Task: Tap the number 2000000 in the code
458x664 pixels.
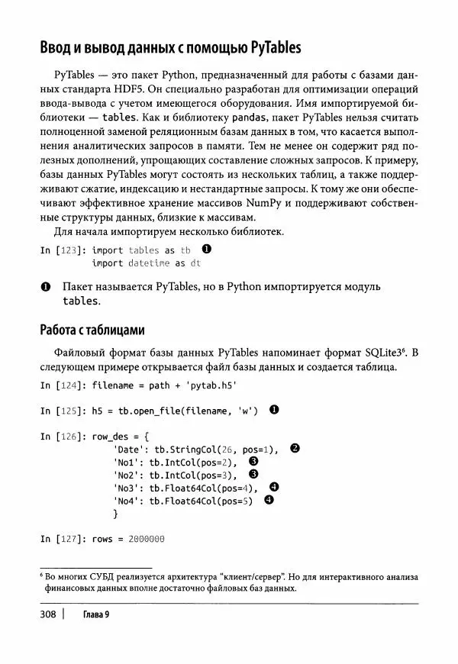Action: (147, 539)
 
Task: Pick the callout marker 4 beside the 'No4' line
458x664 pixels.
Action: (269, 501)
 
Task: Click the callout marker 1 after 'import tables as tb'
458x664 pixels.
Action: (206, 250)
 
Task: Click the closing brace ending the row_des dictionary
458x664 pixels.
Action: (114, 515)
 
